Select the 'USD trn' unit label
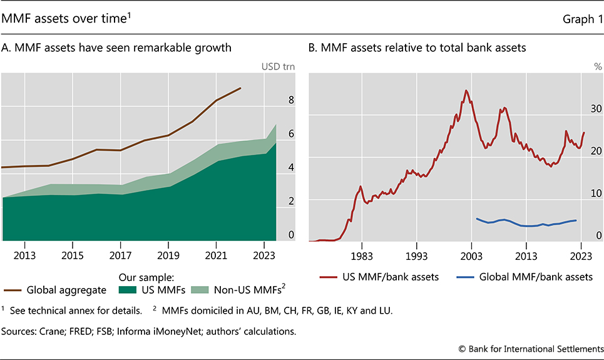[279, 66]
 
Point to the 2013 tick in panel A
[24, 255]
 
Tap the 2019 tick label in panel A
[168, 255]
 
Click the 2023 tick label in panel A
[265, 255]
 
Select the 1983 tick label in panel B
[362, 255]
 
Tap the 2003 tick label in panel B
[471, 255]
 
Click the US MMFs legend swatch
[126, 291]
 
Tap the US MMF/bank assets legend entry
[379, 277]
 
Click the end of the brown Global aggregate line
[241, 88]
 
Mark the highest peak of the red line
[466, 90]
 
